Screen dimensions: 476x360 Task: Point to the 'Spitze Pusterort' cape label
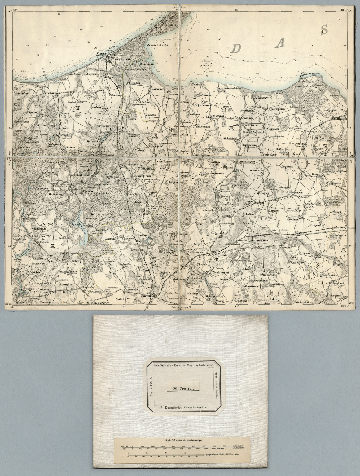click(310, 75)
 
